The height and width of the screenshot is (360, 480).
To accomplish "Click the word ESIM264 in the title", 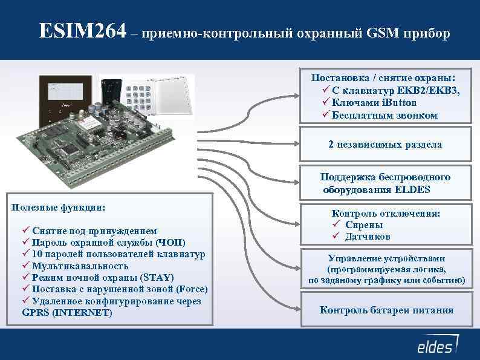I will pos(82,31).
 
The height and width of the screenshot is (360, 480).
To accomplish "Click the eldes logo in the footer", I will pos(435,347).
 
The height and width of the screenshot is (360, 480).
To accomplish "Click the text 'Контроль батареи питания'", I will pos(386,310).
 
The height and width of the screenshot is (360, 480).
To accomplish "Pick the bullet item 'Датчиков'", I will pos(367,237).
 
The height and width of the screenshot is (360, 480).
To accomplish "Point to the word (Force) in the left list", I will pos(190,289).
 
